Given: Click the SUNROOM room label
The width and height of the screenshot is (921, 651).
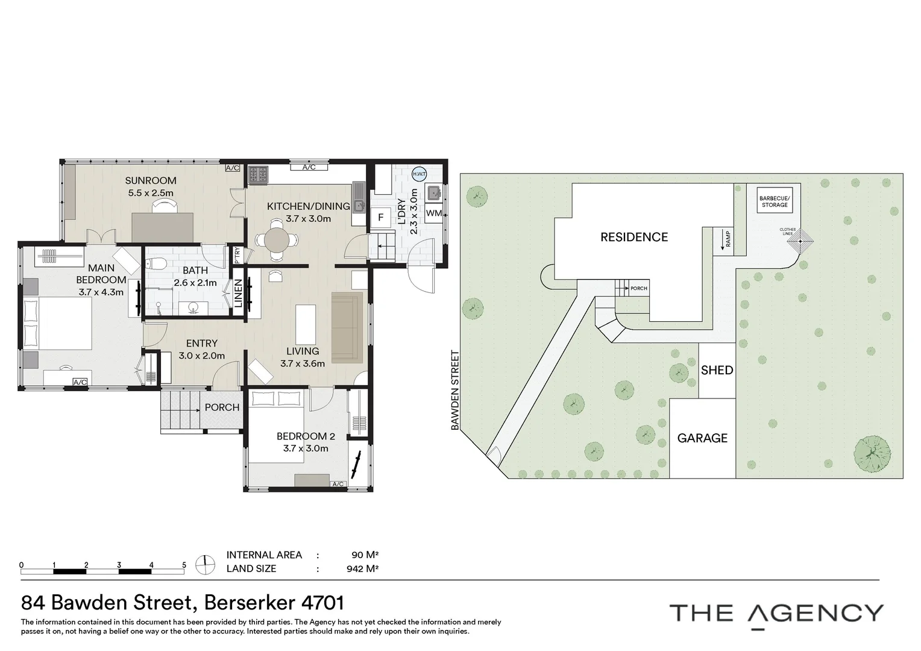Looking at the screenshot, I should tap(151, 180).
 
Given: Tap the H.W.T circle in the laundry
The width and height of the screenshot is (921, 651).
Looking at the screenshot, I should tap(418, 174).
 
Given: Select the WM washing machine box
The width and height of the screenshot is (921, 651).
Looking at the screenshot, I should tap(433, 213).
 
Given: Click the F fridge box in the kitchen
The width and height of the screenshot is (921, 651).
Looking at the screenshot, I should tap(381, 217).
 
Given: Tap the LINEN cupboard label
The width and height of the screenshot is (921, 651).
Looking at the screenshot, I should tap(239, 294).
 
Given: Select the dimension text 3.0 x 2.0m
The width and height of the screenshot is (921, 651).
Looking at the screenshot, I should tap(201, 356).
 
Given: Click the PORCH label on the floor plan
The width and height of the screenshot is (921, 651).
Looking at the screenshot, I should tap(222, 407).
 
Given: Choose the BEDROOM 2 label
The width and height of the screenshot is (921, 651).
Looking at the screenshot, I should tap(306, 436).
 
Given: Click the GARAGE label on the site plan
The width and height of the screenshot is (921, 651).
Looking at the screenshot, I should tap(702, 438).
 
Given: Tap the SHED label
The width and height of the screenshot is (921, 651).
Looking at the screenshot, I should tap(717, 370).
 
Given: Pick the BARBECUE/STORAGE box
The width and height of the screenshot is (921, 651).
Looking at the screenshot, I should tap(775, 201).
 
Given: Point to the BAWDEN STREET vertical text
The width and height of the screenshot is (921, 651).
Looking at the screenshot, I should tap(456, 391).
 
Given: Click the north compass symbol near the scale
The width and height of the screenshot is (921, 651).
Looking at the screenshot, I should tap(206, 565).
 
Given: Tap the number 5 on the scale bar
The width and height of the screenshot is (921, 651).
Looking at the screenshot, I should tap(184, 565).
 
